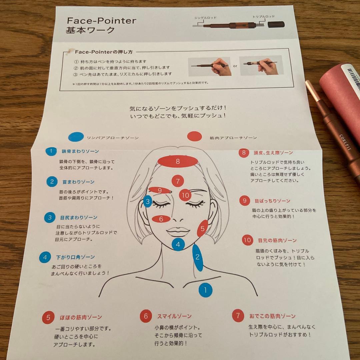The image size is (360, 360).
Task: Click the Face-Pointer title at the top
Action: (101, 20)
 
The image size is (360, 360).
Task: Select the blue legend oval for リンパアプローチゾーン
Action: (76, 137)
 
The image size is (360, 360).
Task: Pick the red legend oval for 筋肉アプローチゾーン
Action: (194, 136)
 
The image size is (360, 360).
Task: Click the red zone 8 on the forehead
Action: (178, 161)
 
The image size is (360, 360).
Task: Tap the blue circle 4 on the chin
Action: (178, 244)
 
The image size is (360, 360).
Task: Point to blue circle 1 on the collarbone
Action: (205, 290)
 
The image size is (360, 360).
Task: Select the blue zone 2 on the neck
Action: (197, 257)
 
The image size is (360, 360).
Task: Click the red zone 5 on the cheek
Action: (202, 229)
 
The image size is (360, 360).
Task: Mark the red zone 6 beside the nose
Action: (161, 219)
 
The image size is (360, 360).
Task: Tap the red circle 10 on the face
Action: (185, 195)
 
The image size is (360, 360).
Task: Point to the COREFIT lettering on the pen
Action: (345, 143)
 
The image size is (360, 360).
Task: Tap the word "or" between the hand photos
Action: (235, 66)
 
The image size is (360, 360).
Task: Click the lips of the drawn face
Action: (178, 231)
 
